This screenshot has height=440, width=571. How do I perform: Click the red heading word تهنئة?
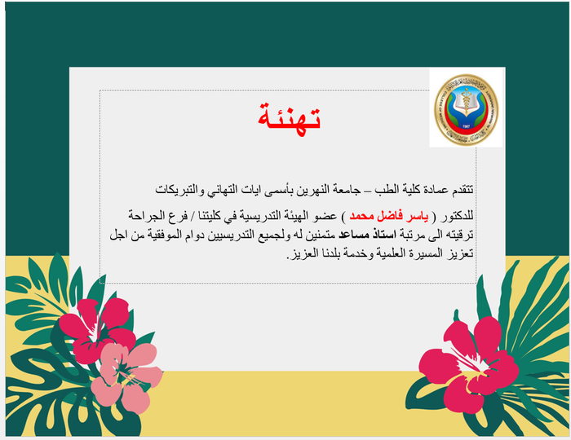(285, 118)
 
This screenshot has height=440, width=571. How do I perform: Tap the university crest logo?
(464, 110)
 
